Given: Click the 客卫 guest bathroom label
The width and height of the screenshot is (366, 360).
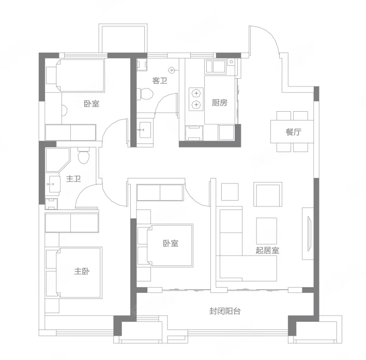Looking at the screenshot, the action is pos(160,81).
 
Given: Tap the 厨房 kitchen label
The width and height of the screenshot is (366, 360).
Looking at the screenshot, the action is pos(219,102).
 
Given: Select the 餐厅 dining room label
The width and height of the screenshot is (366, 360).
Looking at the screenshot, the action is pos(294,132).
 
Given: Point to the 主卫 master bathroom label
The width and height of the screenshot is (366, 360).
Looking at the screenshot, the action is pos(73,179).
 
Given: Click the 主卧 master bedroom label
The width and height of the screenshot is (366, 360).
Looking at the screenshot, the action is pos(82,271).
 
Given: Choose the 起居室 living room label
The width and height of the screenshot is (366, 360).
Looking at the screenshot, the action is pos(267,250).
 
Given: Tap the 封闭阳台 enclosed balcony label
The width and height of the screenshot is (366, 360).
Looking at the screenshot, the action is pos(225,311).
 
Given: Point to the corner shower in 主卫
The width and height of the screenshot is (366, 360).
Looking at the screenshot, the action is pos(57,160).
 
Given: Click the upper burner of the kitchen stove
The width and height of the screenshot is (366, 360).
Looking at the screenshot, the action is pos(196,94).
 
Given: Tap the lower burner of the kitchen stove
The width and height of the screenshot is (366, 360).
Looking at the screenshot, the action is pos(196,104).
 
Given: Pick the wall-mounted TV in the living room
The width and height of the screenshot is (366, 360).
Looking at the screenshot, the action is pos(309,234).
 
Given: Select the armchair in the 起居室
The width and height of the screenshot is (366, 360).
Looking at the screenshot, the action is pos(268,194).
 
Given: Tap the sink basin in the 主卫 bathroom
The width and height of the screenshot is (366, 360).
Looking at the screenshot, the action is pos(53,184).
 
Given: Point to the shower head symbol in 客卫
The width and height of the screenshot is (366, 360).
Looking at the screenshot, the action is pos(172,70).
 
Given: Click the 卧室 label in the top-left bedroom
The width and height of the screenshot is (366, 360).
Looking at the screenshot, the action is pos(91,103).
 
